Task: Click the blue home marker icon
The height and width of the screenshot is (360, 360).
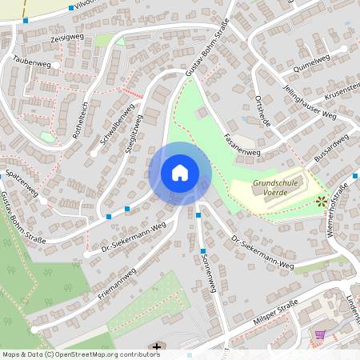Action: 180,172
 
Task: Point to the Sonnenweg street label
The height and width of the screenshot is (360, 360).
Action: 209,276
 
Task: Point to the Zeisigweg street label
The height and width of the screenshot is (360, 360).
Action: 66,38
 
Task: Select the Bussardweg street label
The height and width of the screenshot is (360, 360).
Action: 331,150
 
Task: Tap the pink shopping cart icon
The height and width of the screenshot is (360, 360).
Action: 320,334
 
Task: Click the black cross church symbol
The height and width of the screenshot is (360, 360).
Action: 157,347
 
